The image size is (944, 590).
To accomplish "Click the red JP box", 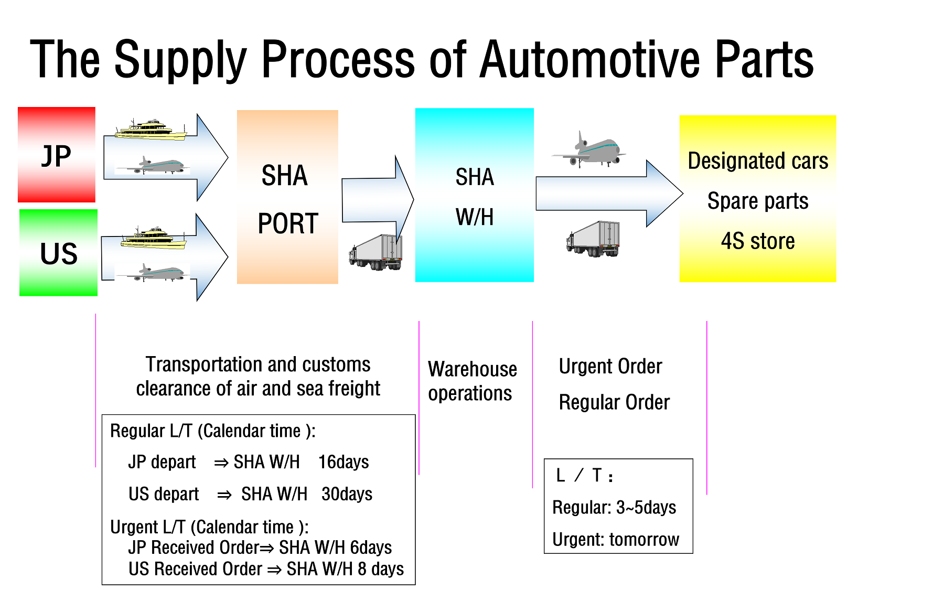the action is (57, 155).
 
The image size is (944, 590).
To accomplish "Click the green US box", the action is (58, 253).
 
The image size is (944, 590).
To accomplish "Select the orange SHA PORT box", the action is (287, 197).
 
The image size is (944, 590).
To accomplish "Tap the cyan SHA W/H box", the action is (475, 195).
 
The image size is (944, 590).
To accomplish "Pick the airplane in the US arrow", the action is (153, 273).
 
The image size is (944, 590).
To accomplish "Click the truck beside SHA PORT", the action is (376, 252).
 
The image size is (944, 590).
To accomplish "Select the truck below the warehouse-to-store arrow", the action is (593, 239).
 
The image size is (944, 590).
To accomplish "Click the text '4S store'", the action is (758, 241).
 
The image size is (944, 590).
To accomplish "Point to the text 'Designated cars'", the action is (758, 160).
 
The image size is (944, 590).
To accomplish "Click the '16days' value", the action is (344, 462).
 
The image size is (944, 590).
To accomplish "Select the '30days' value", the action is (347, 494).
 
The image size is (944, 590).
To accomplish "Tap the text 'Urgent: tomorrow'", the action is (616, 539).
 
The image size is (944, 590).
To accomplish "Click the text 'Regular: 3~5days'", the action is (614, 508).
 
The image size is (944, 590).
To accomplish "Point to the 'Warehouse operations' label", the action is (472, 381).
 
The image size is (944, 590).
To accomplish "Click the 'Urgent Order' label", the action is (610, 367).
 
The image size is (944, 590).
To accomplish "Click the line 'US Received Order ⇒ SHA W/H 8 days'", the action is (266, 569).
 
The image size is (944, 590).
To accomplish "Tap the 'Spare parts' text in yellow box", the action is (758, 201).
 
